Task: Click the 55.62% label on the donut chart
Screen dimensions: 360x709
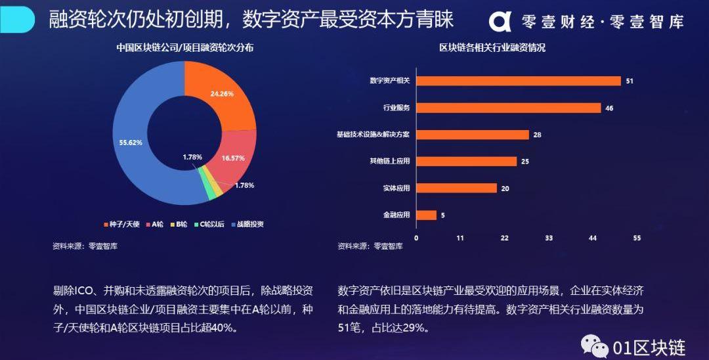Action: click(x=131, y=142)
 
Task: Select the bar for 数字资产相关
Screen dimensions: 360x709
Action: click(x=519, y=81)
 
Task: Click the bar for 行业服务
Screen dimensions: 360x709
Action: click(x=509, y=108)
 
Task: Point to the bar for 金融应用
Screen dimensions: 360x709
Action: click(x=427, y=215)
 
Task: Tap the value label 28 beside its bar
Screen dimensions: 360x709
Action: click(x=537, y=135)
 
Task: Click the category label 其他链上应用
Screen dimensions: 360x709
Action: click(x=390, y=161)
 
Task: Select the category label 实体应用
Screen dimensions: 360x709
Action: click(x=397, y=189)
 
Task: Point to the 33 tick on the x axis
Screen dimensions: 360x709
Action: click(x=549, y=238)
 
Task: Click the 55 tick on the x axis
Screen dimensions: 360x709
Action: click(x=636, y=238)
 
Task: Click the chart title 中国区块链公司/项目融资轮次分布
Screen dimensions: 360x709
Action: click(x=185, y=47)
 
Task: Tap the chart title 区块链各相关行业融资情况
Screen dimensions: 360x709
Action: click(x=493, y=47)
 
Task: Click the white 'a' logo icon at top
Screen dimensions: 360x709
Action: click(x=500, y=21)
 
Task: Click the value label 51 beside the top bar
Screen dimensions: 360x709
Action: click(x=629, y=81)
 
